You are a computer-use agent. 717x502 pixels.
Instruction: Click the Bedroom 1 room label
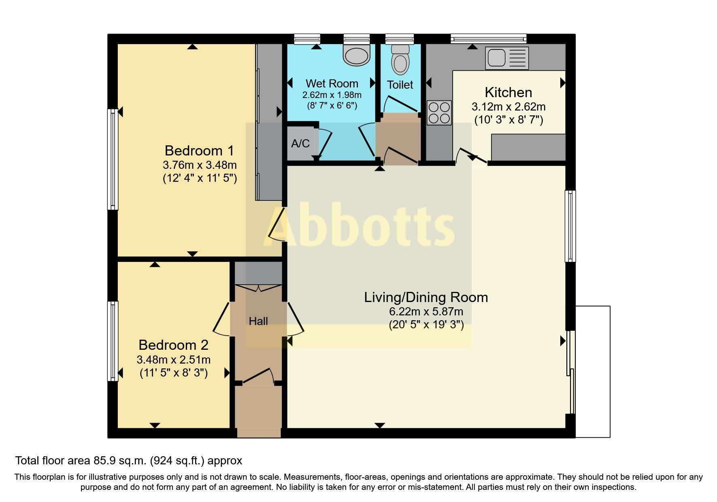pyautogui.click(x=199, y=151)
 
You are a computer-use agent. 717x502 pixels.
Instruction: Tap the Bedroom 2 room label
pyautogui.click(x=173, y=345)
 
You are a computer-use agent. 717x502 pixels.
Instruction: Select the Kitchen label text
pyautogui.click(x=508, y=92)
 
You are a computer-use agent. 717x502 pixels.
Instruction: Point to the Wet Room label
pyautogui.click(x=332, y=83)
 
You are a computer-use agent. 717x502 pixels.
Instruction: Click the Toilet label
pyautogui.click(x=400, y=85)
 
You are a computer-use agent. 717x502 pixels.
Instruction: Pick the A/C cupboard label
pyautogui.click(x=300, y=143)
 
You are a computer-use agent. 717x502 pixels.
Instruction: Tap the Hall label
pyautogui.click(x=258, y=321)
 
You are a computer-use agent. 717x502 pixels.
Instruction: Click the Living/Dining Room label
pyautogui.click(x=426, y=298)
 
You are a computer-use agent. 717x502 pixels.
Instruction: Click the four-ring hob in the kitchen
pyautogui.click(x=439, y=113)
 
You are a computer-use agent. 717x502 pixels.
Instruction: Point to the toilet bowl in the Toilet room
pyautogui.click(x=400, y=60)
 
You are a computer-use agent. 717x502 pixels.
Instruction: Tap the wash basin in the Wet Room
pyautogui.click(x=356, y=55)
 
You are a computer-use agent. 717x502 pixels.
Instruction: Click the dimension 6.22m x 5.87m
pyautogui.click(x=426, y=312)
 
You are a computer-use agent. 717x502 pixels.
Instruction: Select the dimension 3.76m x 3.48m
pyautogui.click(x=200, y=165)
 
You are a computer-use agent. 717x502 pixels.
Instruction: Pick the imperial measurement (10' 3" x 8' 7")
pyautogui.click(x=508, y=120)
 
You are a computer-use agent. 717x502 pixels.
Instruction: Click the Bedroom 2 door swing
pyautogui.click(x=221, y=319)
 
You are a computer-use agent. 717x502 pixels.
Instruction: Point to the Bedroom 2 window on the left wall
pyautogui.click(x=113, y=341)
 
